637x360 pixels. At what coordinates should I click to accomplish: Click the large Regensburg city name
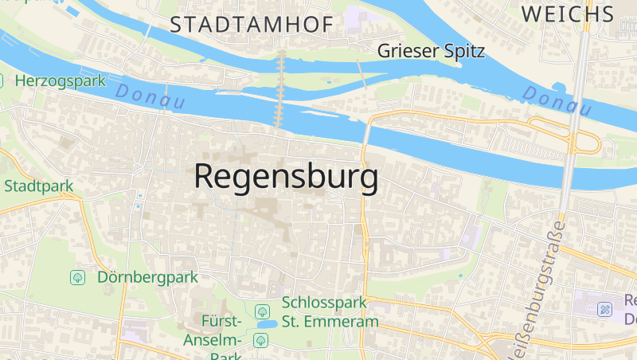point(286,177)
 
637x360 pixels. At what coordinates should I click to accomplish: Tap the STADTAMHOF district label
point(252,25)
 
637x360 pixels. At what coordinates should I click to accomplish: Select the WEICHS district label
point(568,13)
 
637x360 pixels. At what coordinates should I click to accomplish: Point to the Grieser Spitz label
point(431,51)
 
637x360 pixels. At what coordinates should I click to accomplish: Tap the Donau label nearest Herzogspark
point(150,96)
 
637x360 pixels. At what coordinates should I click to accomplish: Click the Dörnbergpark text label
point(147,277)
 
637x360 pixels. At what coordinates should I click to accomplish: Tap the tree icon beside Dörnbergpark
point(78,277)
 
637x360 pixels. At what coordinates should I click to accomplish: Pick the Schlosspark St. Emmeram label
point(329,312)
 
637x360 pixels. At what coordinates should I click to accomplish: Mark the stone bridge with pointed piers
point(279,88)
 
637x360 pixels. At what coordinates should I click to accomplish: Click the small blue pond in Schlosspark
point(266,325)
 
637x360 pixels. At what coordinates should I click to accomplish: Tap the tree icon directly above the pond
point(260,311)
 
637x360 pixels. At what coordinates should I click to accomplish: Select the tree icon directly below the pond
point(260,340)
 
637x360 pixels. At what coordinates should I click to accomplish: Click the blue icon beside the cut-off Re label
point(605,309)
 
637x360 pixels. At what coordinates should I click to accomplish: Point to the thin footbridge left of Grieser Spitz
point(361,74)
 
